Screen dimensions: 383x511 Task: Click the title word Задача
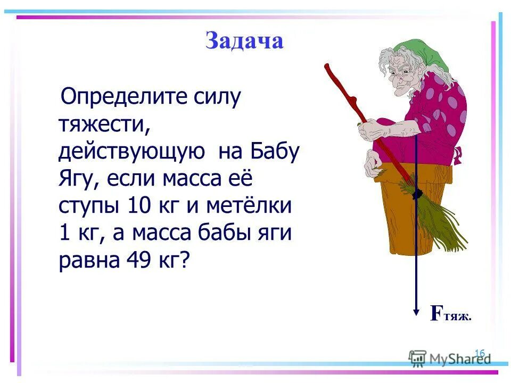click(x=244, y=41)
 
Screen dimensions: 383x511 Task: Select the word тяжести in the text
click(x=102, y=124)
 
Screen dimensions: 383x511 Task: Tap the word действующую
click(x=131, y=152)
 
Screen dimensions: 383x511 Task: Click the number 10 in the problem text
click(x=141, y=206)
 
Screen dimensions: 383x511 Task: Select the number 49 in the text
click(x=139, y=261)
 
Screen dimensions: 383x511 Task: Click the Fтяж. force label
click(x=450, y=314)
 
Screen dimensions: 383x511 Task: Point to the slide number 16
click(x=479, y=353)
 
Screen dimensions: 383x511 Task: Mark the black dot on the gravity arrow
click(x=416, y=195)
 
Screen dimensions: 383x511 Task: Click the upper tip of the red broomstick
click(x=327, y=66)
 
